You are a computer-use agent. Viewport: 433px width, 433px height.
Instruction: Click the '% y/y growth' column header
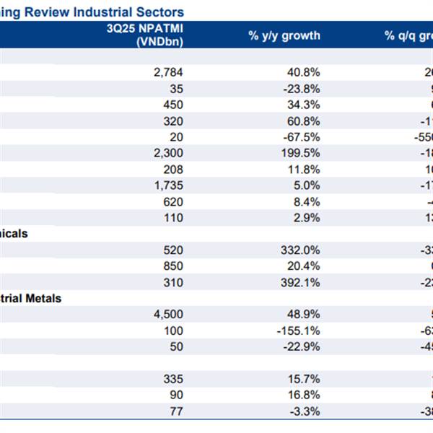(284, 36)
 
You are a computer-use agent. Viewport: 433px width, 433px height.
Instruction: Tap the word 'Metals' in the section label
(43, 298)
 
